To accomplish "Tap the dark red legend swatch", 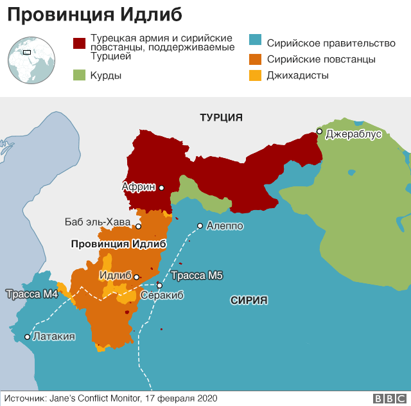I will point(80,43).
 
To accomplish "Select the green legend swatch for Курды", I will point(80,75).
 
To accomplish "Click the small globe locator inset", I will point(30,60).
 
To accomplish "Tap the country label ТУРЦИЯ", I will point(221,118).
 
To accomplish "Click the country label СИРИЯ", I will point(249,300).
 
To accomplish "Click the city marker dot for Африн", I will point(162,188).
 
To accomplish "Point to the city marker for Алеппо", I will point(200,225).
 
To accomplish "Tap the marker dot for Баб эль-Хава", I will point(138,226).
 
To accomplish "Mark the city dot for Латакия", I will point(27,337).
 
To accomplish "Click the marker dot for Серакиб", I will point(159,285).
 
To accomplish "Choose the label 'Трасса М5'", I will point(197,276).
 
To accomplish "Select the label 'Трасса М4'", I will point(32,294).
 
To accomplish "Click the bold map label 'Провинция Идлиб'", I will point(118,244).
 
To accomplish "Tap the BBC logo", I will point(388,398).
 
